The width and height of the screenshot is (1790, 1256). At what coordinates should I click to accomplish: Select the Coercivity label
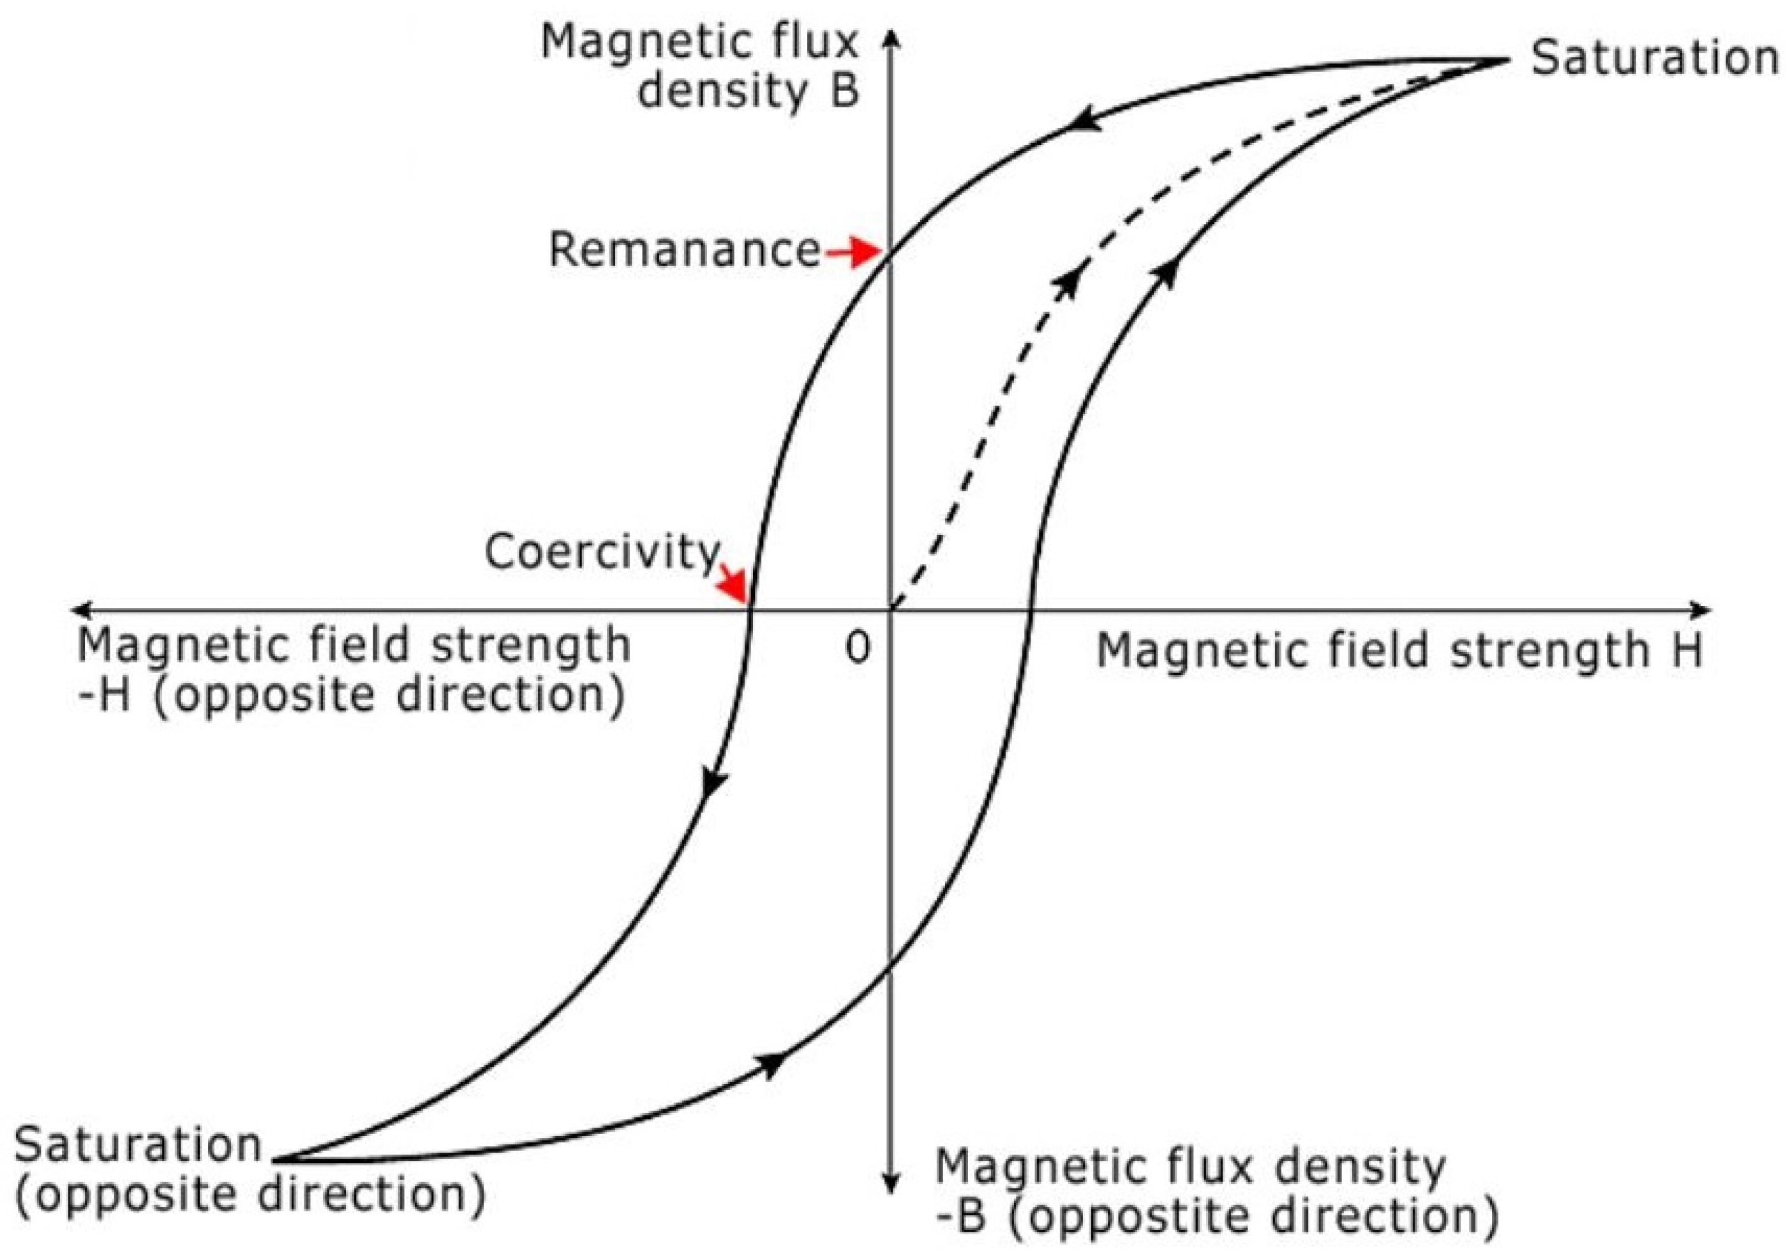pyautogui.click(x=601, y=552)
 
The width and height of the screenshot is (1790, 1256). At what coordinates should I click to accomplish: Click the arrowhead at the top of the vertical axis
pyautogui.click(x=893, y=39)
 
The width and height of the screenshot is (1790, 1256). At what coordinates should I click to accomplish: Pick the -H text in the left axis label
pyautogui.click(x=105, y=693)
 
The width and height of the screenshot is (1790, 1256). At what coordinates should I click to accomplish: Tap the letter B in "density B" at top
pyautogui.click(x=844, y=91)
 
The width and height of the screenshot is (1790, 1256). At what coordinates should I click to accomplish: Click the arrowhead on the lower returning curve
pyautogui.click(x=772, y=1063)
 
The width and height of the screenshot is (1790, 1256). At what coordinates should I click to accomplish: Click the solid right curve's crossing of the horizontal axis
pyautogui.click(x=1031, y=609)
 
